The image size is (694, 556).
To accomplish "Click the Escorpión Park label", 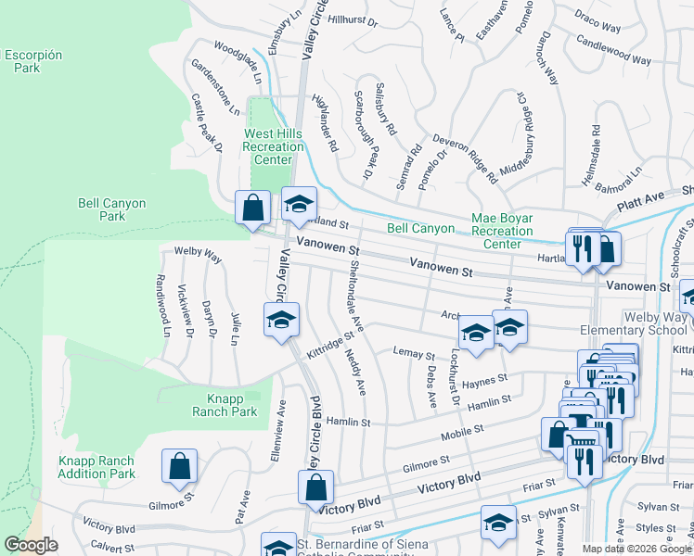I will (33, 61).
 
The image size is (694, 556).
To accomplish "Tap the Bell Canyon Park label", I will (99, 208).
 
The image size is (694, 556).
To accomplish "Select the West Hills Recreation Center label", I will (273, 146).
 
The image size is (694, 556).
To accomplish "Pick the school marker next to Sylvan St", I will (498, 524).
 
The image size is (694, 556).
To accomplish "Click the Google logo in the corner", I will (31, 545).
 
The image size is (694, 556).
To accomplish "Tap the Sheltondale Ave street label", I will (355, 300).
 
